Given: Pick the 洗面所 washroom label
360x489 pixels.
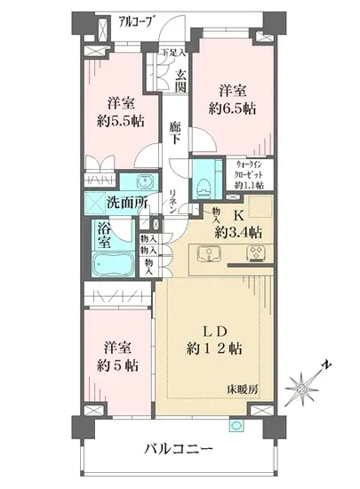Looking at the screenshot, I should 127,202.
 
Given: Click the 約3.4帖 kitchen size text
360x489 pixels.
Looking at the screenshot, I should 237,231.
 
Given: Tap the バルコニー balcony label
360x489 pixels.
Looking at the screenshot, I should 179,448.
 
